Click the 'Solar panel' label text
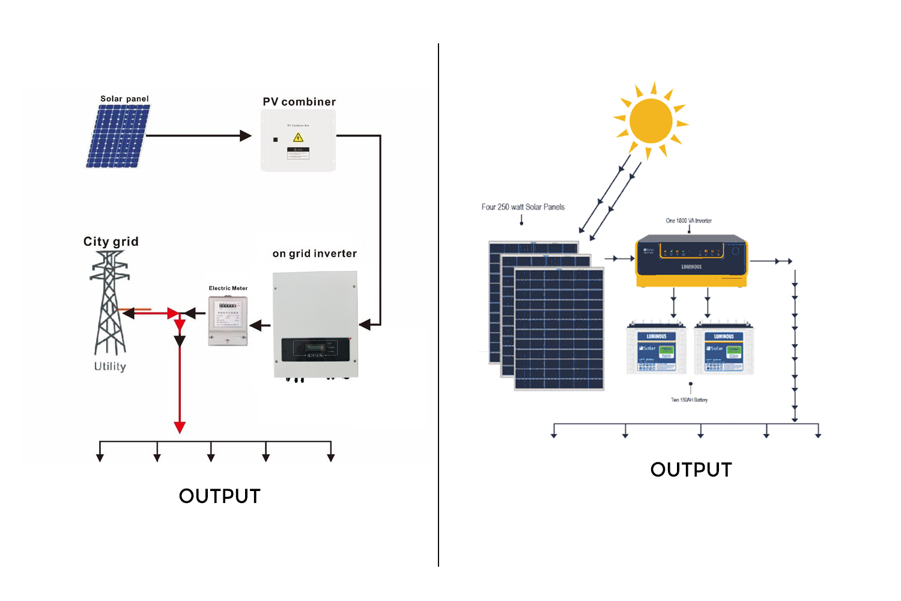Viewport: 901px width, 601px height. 124,99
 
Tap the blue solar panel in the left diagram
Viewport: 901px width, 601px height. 118,136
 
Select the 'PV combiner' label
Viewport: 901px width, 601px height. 299,102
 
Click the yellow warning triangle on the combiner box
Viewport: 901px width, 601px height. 298,138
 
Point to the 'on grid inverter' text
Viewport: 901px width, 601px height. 314,254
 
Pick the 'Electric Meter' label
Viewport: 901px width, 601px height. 228,288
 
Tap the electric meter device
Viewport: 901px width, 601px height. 228,321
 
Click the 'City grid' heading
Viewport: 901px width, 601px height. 111,242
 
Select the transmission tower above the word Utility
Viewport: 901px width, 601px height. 109,304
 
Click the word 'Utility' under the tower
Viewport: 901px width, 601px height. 110,367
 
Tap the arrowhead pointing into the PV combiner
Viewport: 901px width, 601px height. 245,136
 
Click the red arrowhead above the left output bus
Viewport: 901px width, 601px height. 180,427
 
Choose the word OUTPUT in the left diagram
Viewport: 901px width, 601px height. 220,496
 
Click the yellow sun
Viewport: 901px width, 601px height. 651,121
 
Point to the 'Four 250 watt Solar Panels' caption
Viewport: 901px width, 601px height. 523,207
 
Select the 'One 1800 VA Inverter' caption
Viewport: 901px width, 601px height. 688,221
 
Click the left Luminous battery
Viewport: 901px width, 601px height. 656,349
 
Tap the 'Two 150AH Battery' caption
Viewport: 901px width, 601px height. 689,400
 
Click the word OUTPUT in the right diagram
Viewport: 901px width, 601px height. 691,470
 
